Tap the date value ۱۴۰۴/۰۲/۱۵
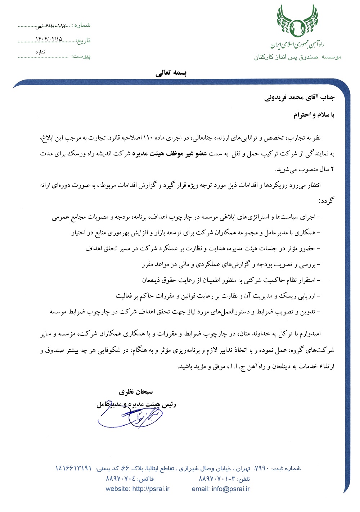(x=49, y=39)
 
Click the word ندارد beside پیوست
(x=40, y=52)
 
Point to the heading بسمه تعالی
(x=171, y=73)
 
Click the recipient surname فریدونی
(x=276, y=98)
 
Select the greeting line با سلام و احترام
(x=314, y=115)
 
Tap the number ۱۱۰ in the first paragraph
(x=148, y=138)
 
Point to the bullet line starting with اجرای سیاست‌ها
(x=186, y=217)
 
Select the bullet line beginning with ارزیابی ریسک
(x=218, y=296)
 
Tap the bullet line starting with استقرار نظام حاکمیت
(x=231, y=280)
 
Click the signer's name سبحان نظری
(x=136, y=392)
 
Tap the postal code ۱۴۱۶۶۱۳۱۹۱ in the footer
(x=73, y=468)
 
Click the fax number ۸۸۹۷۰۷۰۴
(x=120, y=479)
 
